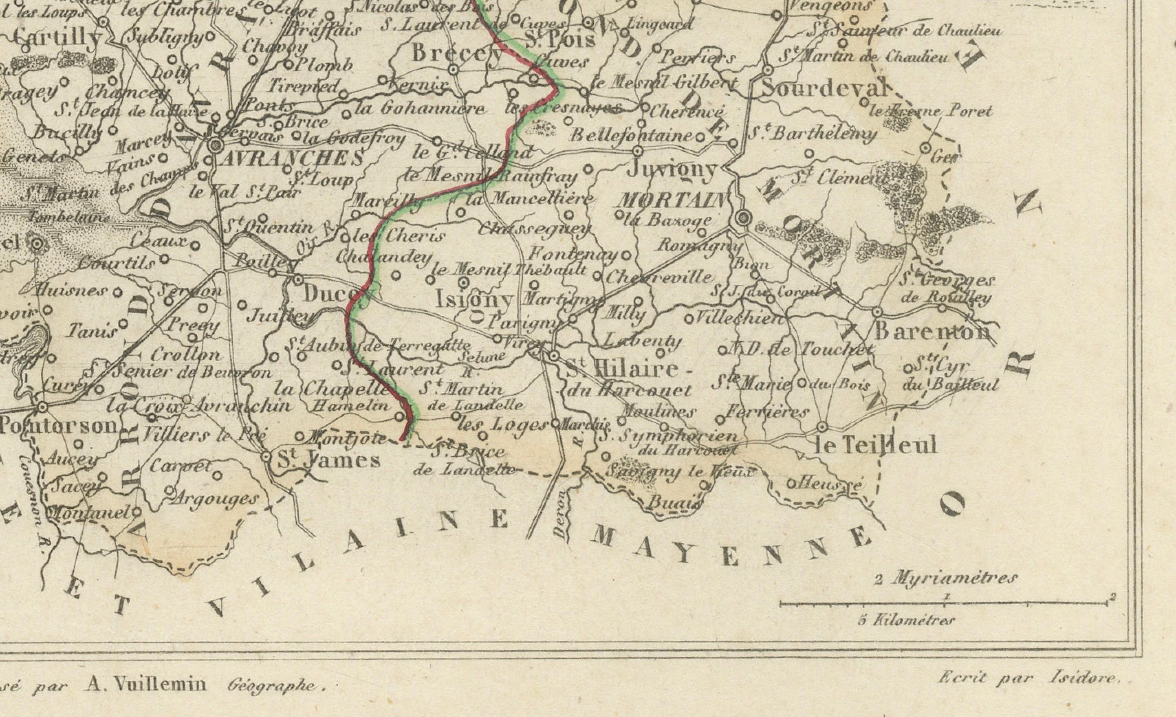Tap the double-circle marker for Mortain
742,218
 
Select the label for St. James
329,460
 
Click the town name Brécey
457,53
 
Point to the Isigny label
475,299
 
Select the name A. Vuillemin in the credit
145,684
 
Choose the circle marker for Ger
925,148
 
